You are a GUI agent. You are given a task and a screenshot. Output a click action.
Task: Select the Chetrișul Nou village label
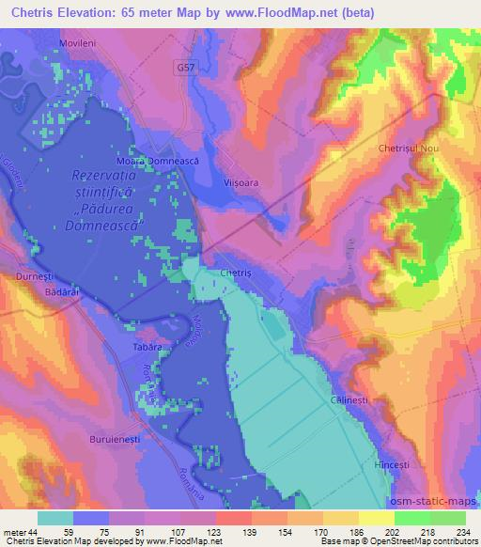(409, 149)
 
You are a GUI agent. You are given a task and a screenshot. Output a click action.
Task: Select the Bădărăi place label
(47, 292)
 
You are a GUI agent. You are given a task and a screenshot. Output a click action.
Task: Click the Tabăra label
(147, 348)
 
